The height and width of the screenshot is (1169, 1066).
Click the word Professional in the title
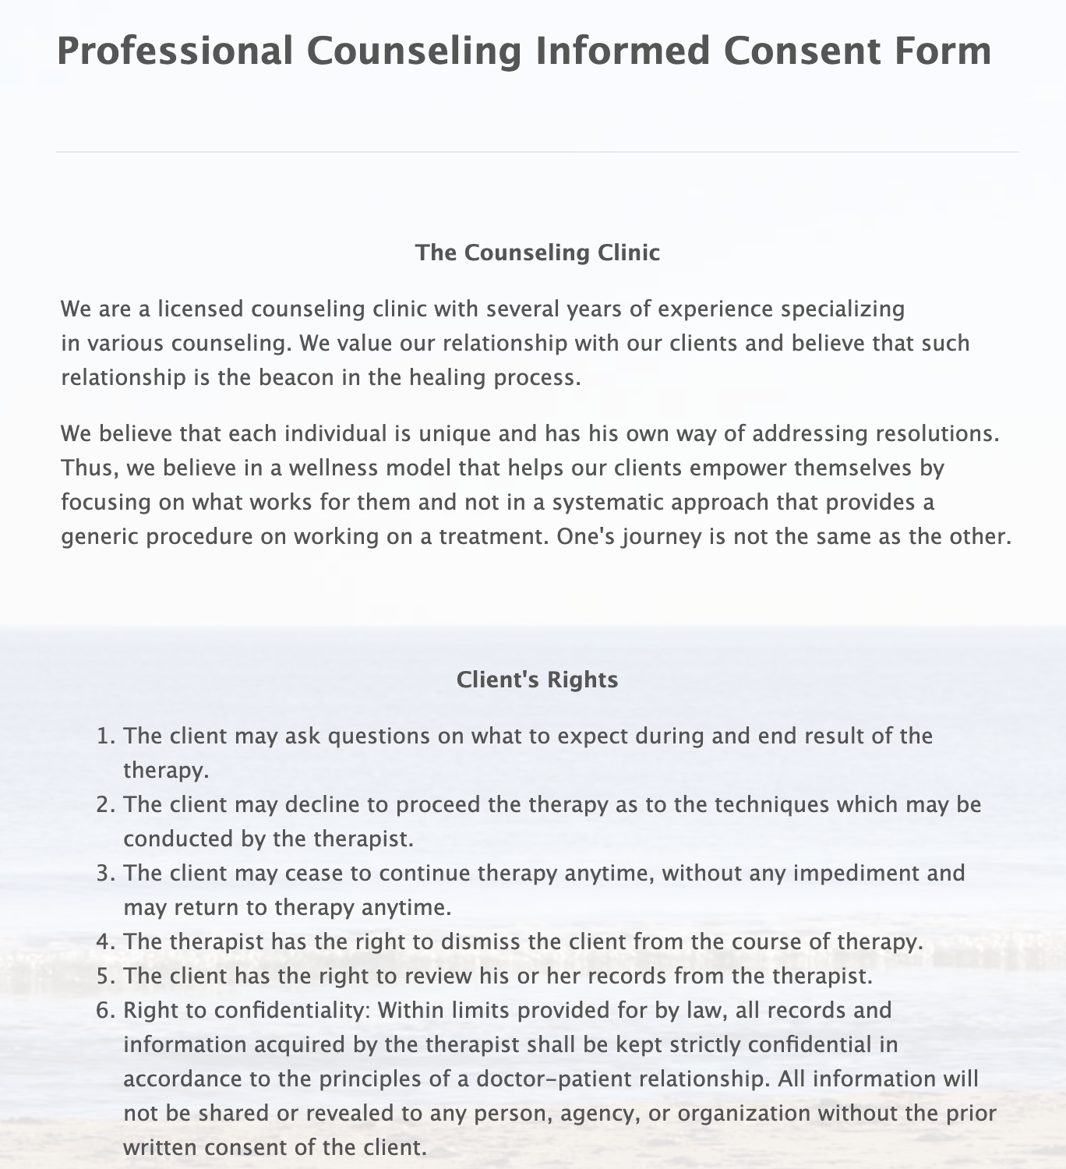(175, 51)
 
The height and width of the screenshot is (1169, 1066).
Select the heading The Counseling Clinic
(537, 253)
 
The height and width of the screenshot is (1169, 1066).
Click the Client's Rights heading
(537, 680)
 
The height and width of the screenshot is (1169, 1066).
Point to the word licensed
(200, 309)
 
